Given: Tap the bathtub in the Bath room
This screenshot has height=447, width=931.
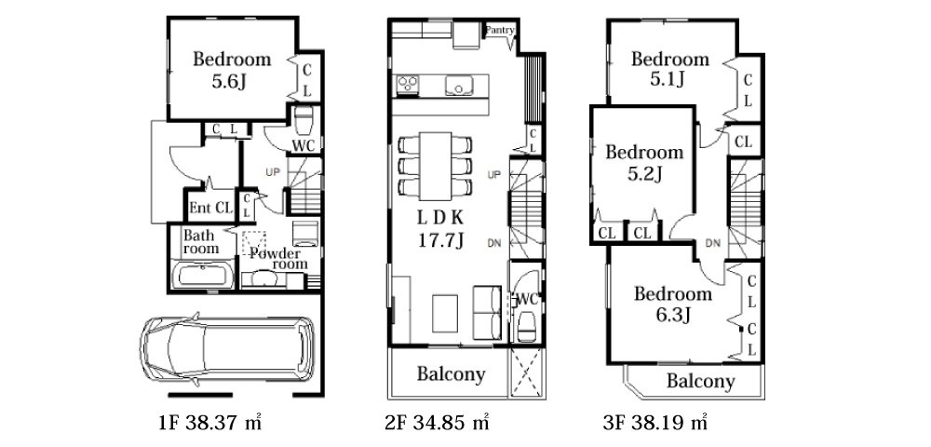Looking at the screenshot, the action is tap(202, 276).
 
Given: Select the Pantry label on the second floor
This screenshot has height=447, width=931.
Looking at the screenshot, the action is tap(500, 30).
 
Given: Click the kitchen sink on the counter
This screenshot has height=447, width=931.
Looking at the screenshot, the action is tap(459, 86).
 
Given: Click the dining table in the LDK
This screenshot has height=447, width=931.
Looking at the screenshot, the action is tap(435, 166).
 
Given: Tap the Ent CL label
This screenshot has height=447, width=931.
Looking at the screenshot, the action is tap(210, 208).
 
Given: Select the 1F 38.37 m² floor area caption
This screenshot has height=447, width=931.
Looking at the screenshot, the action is tap(210, 423).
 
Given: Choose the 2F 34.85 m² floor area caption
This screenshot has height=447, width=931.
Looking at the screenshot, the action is tap(438, 423).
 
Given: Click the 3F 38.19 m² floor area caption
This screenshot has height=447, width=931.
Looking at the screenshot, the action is tap(654, 423).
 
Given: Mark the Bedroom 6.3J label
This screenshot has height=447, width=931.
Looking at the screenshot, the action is tap(673, 304).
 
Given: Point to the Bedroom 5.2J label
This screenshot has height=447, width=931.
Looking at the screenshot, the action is tap(644, 162).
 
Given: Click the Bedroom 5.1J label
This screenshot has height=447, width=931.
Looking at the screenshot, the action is tap(670, 68).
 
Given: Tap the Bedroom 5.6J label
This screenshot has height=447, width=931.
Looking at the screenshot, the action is tap(232, 70).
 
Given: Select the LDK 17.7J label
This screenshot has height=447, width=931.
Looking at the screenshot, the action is tap(440, 228).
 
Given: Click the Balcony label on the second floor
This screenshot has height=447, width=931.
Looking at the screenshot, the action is tap(451, 374).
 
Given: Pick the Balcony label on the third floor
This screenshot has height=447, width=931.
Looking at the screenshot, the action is tap(701, 381).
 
